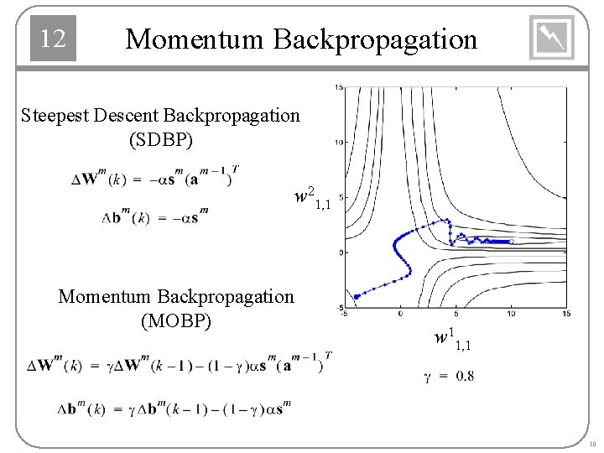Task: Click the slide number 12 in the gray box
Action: (53, 39)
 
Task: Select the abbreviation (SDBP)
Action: (160, 139)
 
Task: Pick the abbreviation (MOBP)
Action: (176, 321)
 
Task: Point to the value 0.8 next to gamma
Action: (465, 376)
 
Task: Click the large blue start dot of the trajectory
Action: (357, 296)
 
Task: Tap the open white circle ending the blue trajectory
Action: (512, 242)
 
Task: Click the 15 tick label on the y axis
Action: (338, 87)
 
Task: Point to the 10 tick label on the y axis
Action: (338, 142)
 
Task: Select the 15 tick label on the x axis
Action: (566, 314)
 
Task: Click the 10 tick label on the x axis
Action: (512, 314)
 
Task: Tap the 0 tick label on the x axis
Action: (401, 314)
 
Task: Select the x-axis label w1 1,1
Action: (452, 340)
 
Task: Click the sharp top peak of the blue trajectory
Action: (448, 220)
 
